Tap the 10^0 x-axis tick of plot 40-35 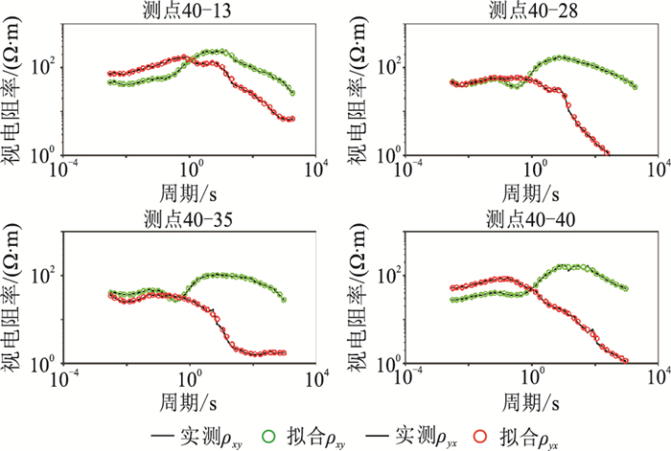coord(188,377)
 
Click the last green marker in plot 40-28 coord(635,86)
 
